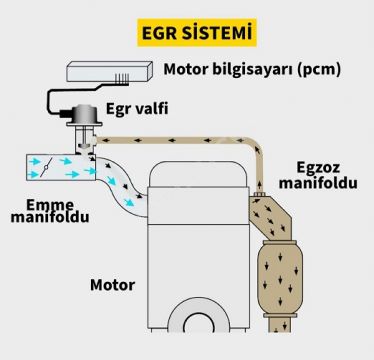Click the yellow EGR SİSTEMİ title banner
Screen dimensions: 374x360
click(x=197, y=32)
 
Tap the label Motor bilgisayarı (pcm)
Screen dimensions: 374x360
click(x=252, y=70)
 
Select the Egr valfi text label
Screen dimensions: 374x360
click(x=137, y=108)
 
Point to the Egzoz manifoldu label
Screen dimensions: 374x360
click(x=318, y=176)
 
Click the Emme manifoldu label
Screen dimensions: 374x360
click(x=50, y=211)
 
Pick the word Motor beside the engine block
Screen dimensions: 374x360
click(x=113, y=285)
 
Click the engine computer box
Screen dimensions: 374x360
click(x=110, y=71)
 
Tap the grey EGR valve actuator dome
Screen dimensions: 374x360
click(x=85, y=114)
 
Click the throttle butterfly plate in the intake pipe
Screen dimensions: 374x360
click(x=46, y=167)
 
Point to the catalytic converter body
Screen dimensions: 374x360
click(x=280, y=277)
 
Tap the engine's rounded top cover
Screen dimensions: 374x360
click(x=199, y=174)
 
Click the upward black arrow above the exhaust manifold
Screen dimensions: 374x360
click(x=260, y=185)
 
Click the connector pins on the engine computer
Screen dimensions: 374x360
click(x=122, y=79)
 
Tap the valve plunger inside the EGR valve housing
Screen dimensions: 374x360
click(x=83, y=140)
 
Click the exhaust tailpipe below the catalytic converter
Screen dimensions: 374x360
click(x=280, y=325)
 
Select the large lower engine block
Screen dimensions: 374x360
click(x=199, y=277)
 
